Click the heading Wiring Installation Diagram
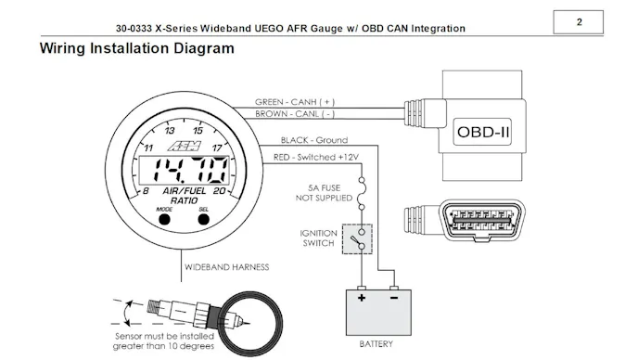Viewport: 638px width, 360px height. coord(136,47)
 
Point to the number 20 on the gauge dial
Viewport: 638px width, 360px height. coord(219,192)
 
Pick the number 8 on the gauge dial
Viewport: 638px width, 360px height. coord(145,192)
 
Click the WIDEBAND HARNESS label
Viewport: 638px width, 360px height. coord(226,267)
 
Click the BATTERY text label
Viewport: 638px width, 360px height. coord(376,343)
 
